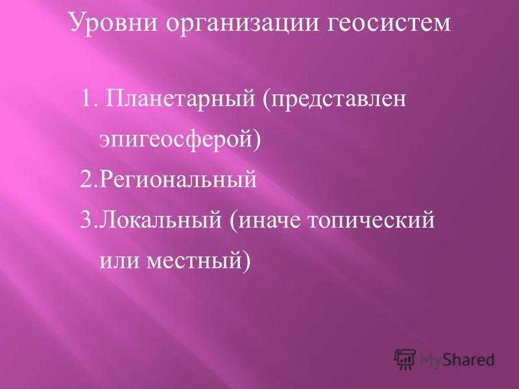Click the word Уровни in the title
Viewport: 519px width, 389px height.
coord(113,24)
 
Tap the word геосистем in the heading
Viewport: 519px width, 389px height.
coord(389,24)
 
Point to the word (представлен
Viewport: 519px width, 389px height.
coord(335,99)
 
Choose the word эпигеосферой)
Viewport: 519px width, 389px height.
coord(180,139)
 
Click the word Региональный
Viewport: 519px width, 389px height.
coord(178,180)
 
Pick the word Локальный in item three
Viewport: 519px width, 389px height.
coord(160,220)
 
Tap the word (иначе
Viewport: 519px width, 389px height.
coord(265,220)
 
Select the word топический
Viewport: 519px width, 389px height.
coord(371,220)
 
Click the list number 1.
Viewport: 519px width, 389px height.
coord(88,99)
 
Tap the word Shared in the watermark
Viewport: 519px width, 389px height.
coord(468,359)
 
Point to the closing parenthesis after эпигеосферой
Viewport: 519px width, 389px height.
coord(257,139)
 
